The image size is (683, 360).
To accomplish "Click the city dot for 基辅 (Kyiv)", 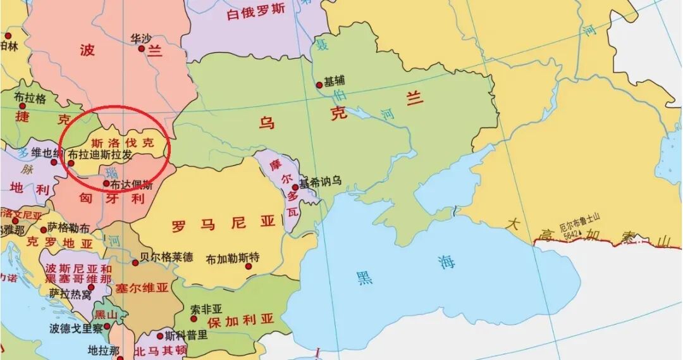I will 319,85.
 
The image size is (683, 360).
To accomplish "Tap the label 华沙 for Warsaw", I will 141,39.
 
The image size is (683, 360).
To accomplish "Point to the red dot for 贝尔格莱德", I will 135,263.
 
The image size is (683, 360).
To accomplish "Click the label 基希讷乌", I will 321,182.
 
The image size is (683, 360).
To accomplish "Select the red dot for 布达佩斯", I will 106,184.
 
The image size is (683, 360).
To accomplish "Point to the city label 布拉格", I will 30,99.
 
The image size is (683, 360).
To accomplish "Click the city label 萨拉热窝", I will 70,294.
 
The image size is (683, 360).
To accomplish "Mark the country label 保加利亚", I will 241,320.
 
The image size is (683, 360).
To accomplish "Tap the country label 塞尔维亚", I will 142,288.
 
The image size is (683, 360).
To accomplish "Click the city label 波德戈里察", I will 76,328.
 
